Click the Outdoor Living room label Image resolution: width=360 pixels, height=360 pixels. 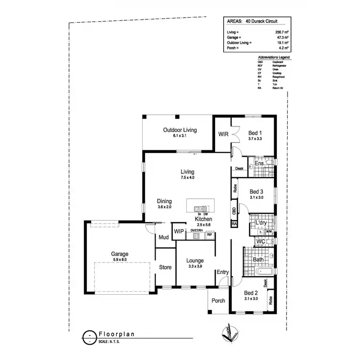pyautogui.click(x=180, y=130)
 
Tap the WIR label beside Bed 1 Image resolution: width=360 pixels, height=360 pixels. pyautogui.click(x=223, y=134)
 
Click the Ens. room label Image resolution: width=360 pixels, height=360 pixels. pyautogui.click(x=260, y=164)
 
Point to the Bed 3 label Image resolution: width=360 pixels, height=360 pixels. pyautogui.click(x=257, y=191)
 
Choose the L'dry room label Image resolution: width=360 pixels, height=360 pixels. pyautogui.click(x=261, y=223)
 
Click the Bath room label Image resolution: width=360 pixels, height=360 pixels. pyautogui.click(x=258, y=260)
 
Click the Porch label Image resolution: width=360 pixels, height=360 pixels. pyautogui.click(x=218, y=301)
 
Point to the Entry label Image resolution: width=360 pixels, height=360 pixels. pyautogui.click(x=223, y=273)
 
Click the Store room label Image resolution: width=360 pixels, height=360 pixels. pyautogui.click(x=166, y=267)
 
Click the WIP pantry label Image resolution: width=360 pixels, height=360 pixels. pyautogui.click(x=179, y=231)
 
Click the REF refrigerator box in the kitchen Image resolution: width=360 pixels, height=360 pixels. pyautogui.click(x=209, y=235)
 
